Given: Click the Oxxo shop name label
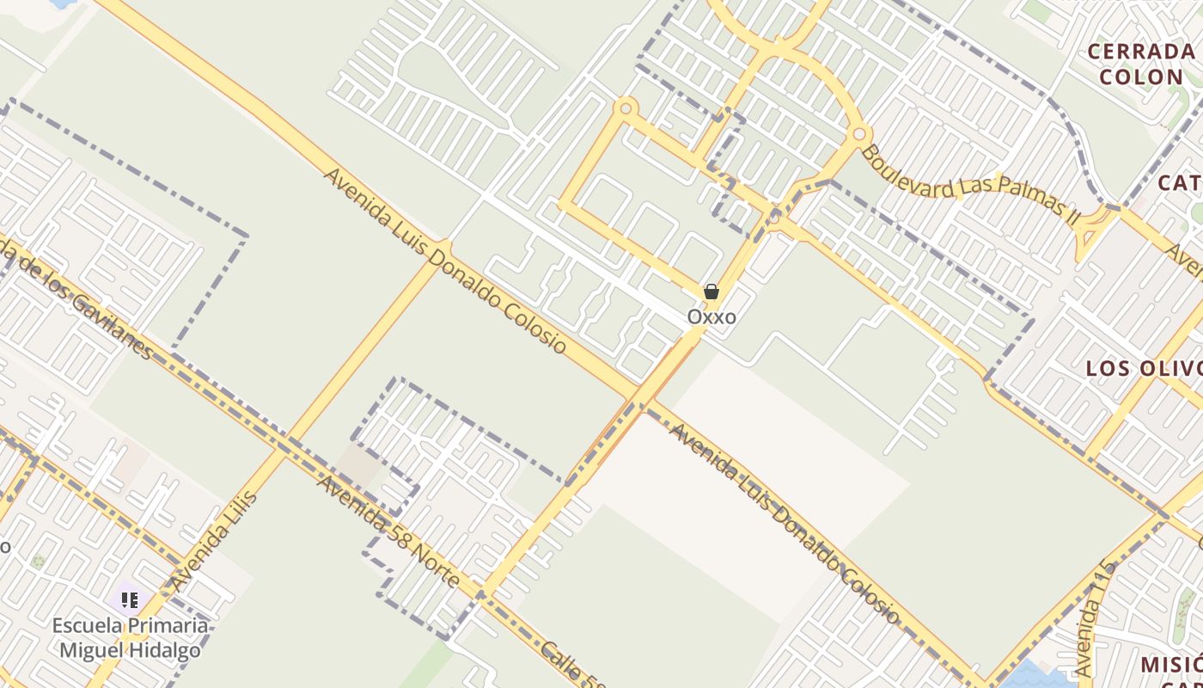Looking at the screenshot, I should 711,317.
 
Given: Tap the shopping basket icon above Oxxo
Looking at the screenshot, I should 711,292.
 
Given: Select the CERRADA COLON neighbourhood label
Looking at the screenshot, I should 1141,64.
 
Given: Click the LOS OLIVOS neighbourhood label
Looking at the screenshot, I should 1144,369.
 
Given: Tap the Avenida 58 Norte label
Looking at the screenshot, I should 388,532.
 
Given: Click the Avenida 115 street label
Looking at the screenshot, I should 1094,617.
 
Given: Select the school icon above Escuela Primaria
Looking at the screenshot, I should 130,599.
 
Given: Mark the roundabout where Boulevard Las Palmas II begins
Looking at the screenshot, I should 858,135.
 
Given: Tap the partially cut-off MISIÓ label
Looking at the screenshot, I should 1170,665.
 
